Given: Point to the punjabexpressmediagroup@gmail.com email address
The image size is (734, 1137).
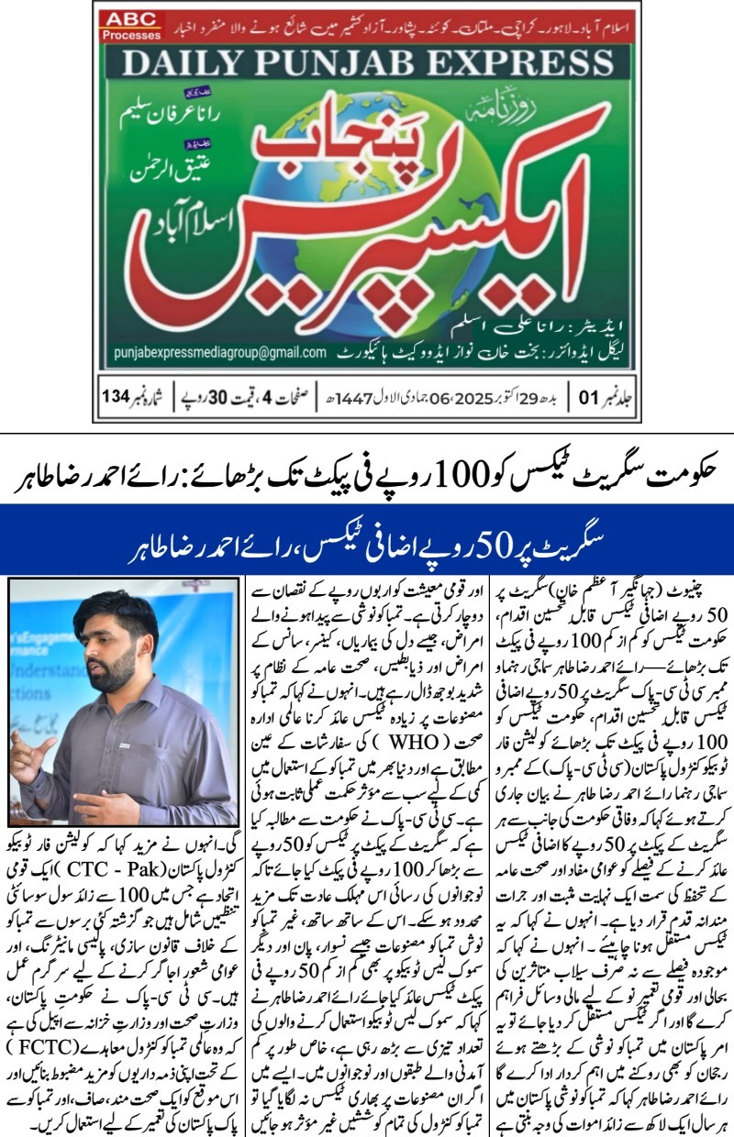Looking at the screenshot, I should click(220, 352).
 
